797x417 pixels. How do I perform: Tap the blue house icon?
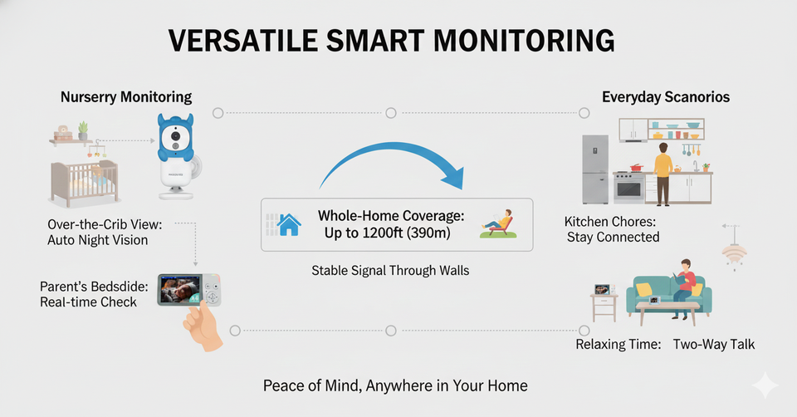click(289, 224)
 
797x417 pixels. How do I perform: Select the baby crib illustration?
click(85, 183)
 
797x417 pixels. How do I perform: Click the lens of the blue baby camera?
click(175, 136)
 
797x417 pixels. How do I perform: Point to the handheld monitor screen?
click(179, 289)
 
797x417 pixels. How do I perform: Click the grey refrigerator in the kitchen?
click(595, 169)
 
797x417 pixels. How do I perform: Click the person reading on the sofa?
click(685, 288)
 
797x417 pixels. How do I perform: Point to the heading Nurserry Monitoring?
click(126, 97)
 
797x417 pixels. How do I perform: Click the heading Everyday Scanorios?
click(666, 97)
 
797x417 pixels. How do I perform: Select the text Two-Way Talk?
click(714, 344)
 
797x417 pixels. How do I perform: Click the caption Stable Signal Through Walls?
click(390, 271)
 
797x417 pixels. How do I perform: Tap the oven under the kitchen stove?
click(628, 189)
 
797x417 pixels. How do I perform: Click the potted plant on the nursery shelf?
click(83, 130)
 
